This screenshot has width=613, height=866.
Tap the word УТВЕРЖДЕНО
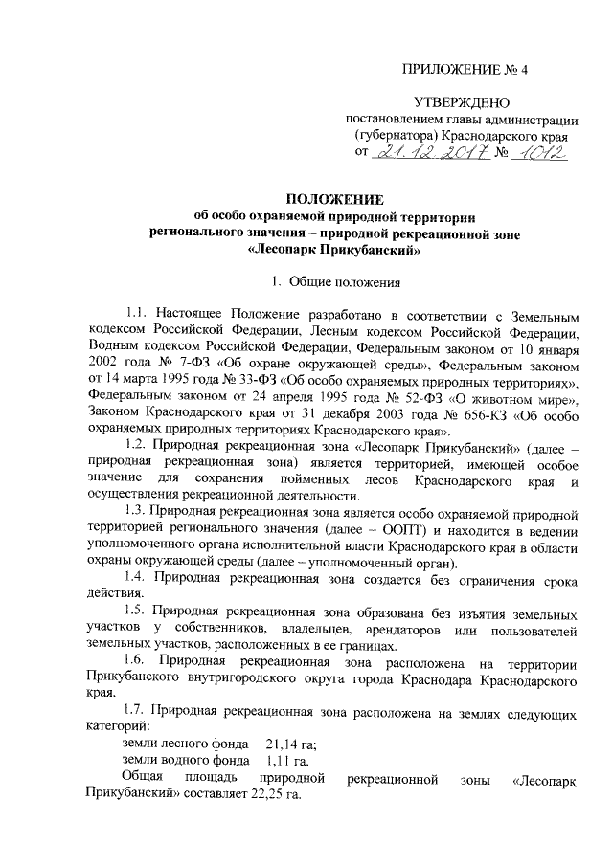pyautogui.click(x=462, y=102)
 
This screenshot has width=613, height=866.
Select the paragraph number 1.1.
pyautogui.click(x=139, y=314)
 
